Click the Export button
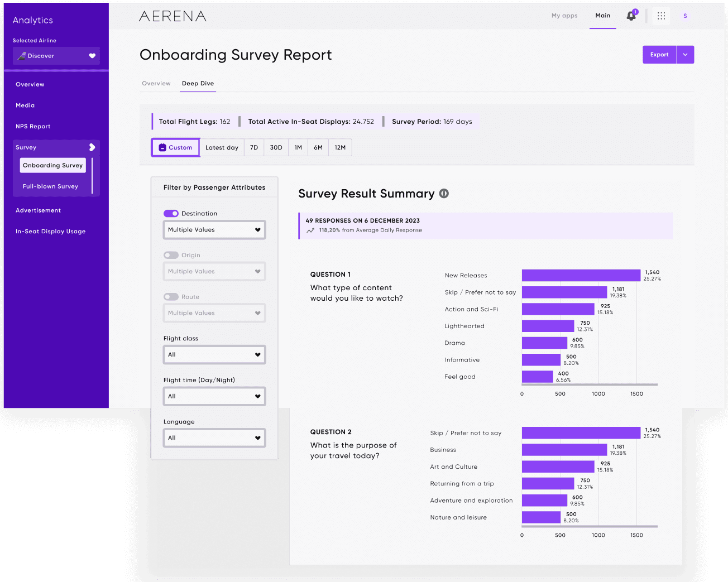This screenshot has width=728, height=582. tap(659, 55)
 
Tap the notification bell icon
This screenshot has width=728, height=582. tap(631, 16)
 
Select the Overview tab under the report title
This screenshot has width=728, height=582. tap(156, 84)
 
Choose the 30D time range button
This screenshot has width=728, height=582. tap(276, 148)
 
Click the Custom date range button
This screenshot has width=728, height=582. tap(175, 148)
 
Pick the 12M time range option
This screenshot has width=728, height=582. tap(340, 148)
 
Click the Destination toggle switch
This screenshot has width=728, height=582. tap(171, 214)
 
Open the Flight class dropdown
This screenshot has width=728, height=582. tap(214, 355)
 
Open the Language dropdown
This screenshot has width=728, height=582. tap(214, 438)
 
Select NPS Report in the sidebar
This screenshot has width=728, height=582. tap(33, 127)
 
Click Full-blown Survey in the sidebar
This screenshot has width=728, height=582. tap(50, 186)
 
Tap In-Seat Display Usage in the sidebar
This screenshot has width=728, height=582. tap(50, 232)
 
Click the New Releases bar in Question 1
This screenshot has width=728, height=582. tap(581, 276)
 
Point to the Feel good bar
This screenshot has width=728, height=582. tap(537, 377)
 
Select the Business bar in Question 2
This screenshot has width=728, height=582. tap(564, 450)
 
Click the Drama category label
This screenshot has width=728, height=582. tap(454, 343)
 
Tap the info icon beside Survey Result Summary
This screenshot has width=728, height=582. tap(444, 194)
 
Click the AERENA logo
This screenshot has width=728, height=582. tap(173, 16)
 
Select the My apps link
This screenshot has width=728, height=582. tap(564, 16)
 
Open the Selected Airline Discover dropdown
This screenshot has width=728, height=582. tap(56, 56)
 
